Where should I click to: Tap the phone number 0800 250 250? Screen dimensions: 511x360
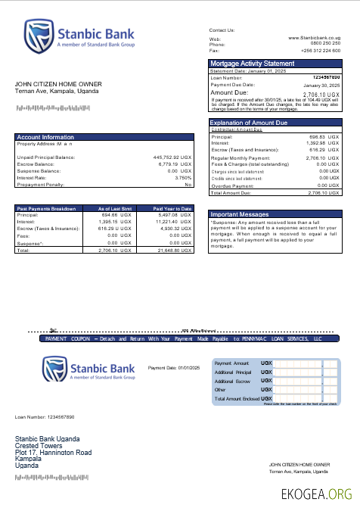click(x=325, y=44)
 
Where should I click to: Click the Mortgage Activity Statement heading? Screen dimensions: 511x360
click(x=252, y=64)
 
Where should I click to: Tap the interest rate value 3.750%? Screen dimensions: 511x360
click(x=183, y=178)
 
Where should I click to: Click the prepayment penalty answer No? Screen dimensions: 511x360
click(x=188, y=185)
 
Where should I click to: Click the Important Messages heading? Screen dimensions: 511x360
click(x=240, y=214)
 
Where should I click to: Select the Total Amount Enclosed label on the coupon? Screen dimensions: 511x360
click(x=236, y=398)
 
